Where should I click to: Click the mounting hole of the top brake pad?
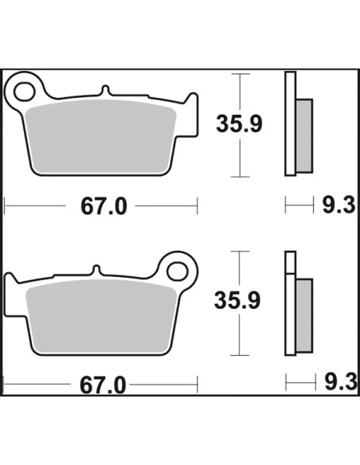click(x=25, y=92)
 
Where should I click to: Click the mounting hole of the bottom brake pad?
click(x=178, y=271)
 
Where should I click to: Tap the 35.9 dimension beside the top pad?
click(x=239, y=123)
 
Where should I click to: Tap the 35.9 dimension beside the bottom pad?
click(x=237, y=300)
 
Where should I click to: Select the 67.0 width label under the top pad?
click(x=104, y=206)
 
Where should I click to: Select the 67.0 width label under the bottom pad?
click(x=103, y=385)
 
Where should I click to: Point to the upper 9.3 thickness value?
click(x=338, y=205)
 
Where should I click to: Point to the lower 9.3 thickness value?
click(x=341, y=382)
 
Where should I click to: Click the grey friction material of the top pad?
click(x=101, y=136)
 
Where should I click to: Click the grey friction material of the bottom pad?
click(x=101, y=317)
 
